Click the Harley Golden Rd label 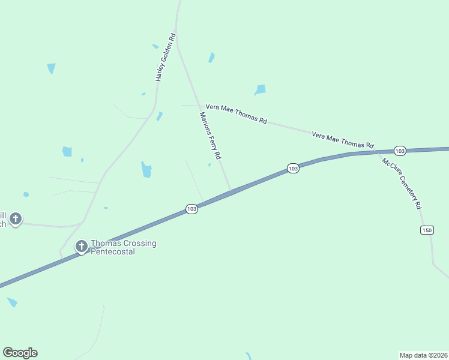(x=165, y=57)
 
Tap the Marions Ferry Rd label (x=211, y=135)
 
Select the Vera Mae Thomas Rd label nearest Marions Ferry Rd (x=236, y=113)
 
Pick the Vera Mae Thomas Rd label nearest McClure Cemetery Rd (x=343, y=140)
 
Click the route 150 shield (x=427, y=230)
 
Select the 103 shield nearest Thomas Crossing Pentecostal (x=191, y=209)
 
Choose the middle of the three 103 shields (x=292, y=169)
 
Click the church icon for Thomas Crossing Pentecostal (x=82, y=246)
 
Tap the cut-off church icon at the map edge (x=16, y=218)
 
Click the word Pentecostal (x=112, y=252)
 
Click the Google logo (x=20, y=353)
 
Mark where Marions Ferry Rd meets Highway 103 (x=231, y=192)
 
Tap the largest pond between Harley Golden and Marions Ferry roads (x=146, y=170)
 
